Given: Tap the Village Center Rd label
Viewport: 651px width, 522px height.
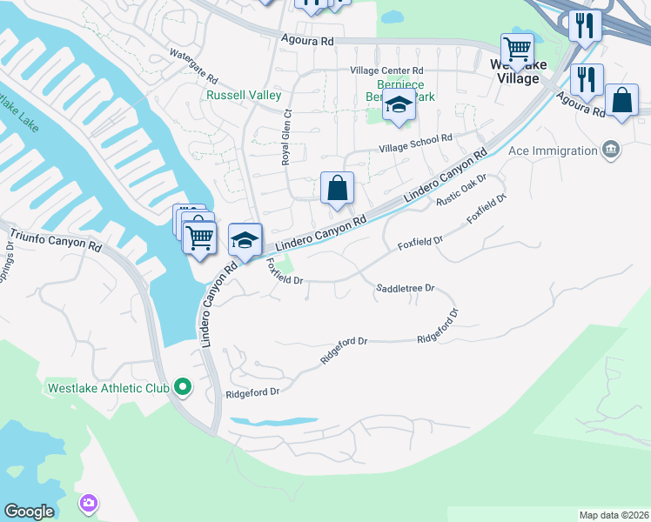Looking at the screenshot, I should point(386,70).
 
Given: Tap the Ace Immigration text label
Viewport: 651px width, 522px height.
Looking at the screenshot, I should point(554,151).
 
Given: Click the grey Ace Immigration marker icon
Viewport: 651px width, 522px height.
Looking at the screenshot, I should point(611,150).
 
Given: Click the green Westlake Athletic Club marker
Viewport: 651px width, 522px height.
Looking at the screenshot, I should point(182,385).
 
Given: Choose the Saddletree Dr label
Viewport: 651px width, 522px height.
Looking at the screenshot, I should point(405,288).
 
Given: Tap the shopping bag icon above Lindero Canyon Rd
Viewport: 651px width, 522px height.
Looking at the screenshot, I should point(337,188).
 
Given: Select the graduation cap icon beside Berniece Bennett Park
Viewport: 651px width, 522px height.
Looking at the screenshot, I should point(399,104).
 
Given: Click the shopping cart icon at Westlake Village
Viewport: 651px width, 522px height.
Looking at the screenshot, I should point(517,50).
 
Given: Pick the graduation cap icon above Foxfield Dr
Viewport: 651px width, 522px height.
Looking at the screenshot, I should point(245,238).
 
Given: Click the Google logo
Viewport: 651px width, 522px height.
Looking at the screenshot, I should point(29,512).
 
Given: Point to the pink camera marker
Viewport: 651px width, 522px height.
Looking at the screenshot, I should point(89,503).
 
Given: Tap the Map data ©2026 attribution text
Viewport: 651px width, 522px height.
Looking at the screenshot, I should point(613,515).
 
